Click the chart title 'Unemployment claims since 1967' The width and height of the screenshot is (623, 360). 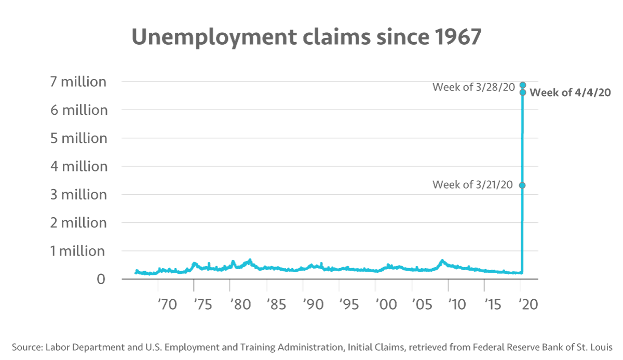[306, 38]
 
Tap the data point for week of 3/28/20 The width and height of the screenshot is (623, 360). [523, 85]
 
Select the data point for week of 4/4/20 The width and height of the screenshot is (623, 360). [523, 92]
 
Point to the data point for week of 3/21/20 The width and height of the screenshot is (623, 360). [522, 185]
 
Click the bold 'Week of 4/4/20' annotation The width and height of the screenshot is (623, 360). [570, 93]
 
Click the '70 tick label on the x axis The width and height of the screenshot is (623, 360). [167, 304]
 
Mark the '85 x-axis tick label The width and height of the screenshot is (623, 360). [275, 304]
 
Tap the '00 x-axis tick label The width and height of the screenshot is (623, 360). [384, 304]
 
